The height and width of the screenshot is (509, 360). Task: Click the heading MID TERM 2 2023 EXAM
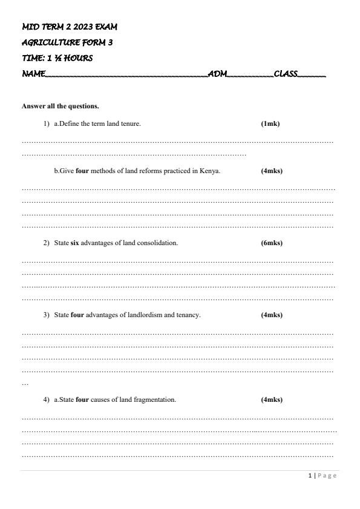pos(70,27)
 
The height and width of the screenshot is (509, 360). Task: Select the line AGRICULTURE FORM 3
pos(67,43)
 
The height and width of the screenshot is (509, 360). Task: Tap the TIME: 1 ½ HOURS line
pos(57,59)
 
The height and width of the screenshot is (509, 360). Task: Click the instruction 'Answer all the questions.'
pos(60,106)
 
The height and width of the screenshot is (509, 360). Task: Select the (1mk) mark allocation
pos(270,123)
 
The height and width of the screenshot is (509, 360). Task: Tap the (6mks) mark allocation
pos(272,243)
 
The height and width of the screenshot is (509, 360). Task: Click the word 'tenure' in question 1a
pos(130,123)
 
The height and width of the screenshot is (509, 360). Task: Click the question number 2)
pos(46,243)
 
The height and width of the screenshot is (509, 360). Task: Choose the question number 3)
pos(46,315)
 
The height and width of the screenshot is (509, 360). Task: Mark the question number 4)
pos(46,399)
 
